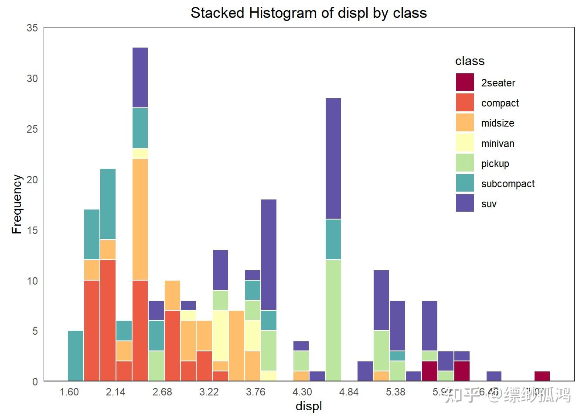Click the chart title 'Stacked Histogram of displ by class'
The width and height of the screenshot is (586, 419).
[309, 13]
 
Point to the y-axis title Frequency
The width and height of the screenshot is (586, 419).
[17, 204]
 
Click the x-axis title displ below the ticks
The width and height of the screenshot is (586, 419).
[309, 406]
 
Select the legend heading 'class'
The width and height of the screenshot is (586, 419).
[470, 61]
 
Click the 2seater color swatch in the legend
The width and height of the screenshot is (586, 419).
[465, 82]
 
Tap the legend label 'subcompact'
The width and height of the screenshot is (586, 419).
[508, 184]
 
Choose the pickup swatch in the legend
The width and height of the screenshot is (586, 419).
[465, 163]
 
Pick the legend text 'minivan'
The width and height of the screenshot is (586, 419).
[497, 144]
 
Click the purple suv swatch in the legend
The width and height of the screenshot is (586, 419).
[465, 203]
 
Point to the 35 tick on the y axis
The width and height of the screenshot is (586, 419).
[32, 28]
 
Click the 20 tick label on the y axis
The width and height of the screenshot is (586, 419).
[32, 180]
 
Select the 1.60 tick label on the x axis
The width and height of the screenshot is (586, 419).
[69, 392]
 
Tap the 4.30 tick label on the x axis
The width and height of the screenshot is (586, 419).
[302, 392]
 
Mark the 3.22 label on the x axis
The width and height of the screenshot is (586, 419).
[209, 392]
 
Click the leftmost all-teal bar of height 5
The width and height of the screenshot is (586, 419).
[76, 356]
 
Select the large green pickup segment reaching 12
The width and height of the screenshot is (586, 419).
[333, 321]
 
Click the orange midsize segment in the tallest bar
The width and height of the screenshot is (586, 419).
[140, 219]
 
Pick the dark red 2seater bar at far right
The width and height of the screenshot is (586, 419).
[542, 376]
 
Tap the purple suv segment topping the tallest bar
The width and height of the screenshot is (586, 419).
[140, 78]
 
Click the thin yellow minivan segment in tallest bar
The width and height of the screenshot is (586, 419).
[140, 154]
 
